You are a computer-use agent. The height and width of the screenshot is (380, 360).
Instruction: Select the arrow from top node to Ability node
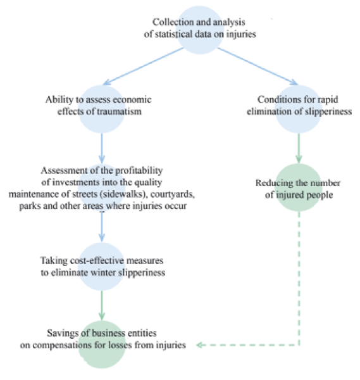[143, 66]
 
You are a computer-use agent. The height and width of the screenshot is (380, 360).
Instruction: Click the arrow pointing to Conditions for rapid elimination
[258, 66]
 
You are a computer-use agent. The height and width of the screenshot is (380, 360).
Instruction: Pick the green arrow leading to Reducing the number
[299, 148]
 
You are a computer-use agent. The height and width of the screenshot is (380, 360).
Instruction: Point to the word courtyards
[173, 194]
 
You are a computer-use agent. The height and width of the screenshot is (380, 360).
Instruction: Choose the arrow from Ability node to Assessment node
[102, 148]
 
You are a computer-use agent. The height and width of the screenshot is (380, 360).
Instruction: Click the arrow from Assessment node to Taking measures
[102, 227]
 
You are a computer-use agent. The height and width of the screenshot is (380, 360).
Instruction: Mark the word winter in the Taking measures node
[104, 272]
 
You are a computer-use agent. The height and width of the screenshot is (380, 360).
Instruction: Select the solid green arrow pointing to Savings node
[102, 305]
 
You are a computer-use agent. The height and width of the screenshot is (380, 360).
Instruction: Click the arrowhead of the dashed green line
[199, 345]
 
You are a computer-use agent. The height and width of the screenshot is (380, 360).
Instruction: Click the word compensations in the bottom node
[62, 345]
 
